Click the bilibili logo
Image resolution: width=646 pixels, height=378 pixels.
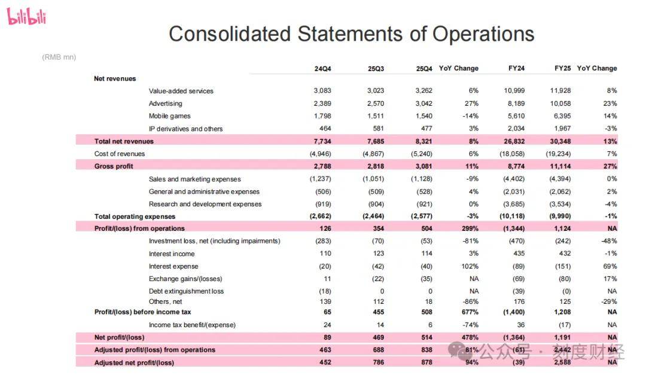click(x=26, y=17)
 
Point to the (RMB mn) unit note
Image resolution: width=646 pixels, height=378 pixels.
click(x=59, y=57)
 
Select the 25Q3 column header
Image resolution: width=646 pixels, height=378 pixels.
click(x=376, y=69)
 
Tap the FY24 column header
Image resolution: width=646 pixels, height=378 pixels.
click(x=516, y=69)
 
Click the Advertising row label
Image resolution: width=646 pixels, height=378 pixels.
click(x=165, y=103)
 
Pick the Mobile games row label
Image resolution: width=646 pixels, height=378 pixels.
click(x=170, y=116)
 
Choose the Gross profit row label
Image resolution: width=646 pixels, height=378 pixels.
click(x=114, y=166)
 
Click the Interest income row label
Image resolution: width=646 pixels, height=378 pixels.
click(x=172, y=254)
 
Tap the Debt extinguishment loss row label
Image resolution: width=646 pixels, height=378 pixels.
click(x=186, y=291)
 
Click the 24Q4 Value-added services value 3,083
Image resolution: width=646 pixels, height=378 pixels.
click(x=322, y=91)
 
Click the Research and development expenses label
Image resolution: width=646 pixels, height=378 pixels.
click(x=205, y=204)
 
